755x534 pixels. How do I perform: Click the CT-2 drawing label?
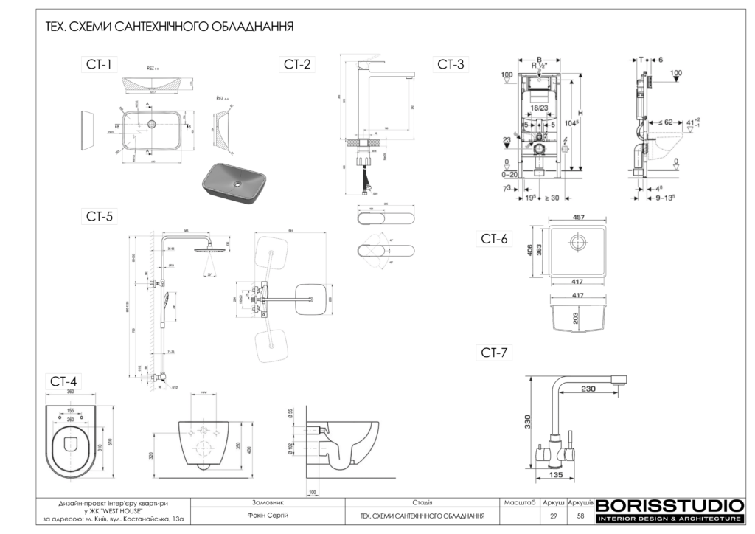pos(297,65)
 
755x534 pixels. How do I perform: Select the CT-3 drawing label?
pos(450,65)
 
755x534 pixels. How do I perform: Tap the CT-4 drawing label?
pos(63,381)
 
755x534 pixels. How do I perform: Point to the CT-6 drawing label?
pos(494,238)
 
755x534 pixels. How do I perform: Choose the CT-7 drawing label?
pos(494,353)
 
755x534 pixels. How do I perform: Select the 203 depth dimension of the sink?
pos(574,318)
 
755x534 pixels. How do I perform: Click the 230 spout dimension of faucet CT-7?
pos(587,389)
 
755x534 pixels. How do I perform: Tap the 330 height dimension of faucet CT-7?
pos(527,421)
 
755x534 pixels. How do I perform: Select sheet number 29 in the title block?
pos(554,516)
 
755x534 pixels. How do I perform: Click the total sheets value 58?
pos(580,516)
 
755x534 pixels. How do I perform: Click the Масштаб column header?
pos(519,502)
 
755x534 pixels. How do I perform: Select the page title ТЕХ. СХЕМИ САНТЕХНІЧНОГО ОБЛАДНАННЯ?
pos(170,27)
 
